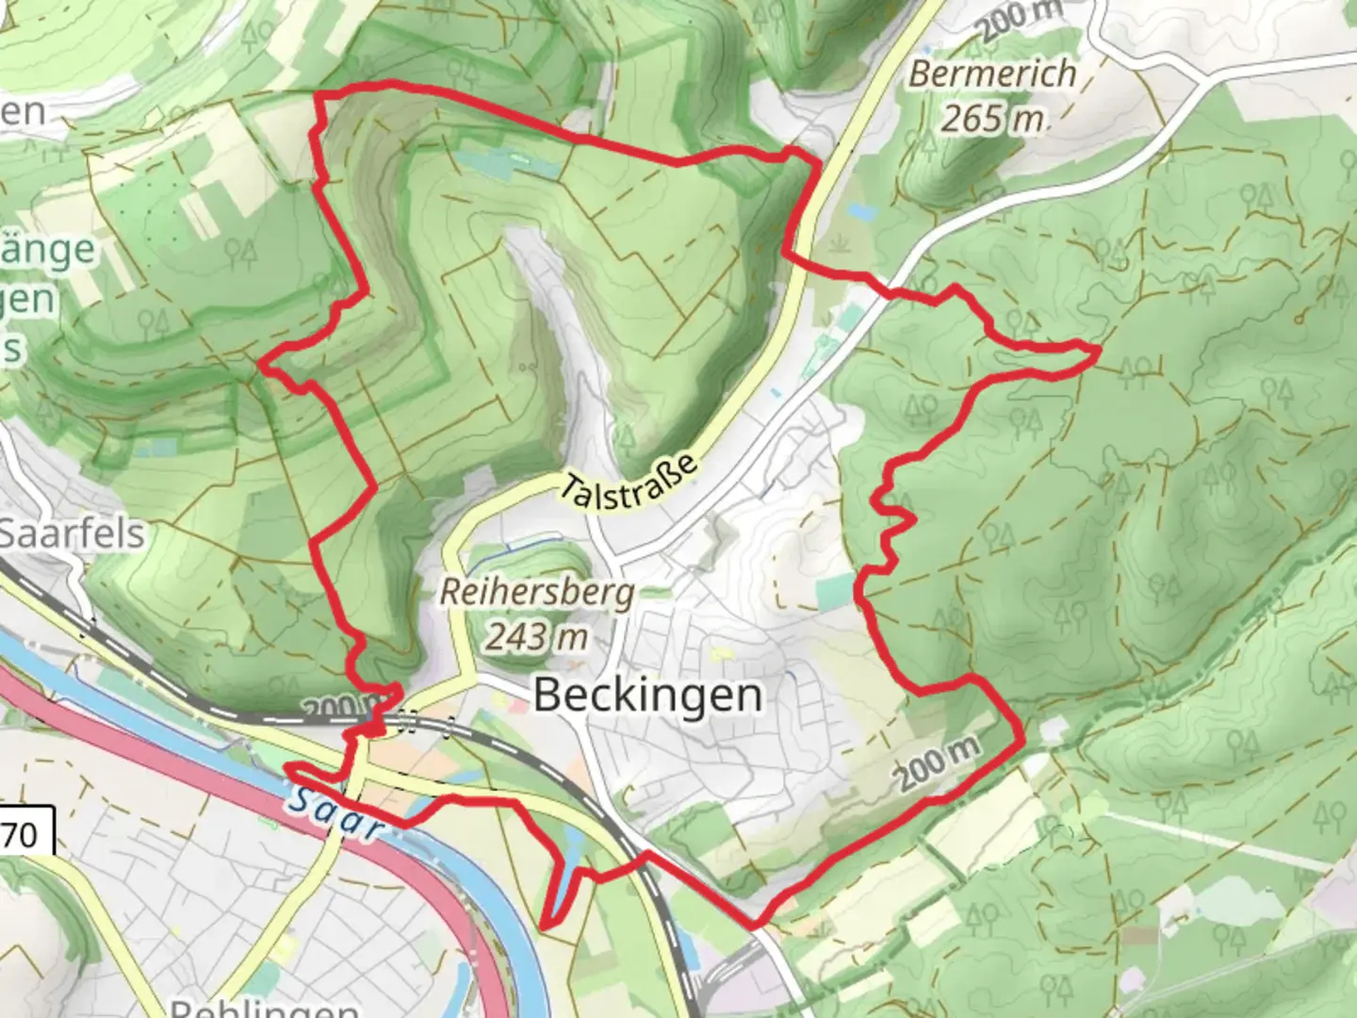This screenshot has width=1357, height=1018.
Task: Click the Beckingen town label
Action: point(647,697)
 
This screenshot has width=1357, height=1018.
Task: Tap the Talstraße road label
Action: point(631,484)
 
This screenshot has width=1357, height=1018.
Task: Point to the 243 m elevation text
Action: point(536,638)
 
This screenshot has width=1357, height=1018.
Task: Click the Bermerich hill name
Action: point(992,74)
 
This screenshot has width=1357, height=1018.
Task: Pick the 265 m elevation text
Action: point(992,120)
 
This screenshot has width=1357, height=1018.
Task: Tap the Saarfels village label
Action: point(72,534)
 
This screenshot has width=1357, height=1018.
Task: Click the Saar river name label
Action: point(336,813)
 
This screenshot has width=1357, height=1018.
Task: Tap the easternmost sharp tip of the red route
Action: point(1098,351)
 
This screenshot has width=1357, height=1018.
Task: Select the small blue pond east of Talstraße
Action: point(858,208)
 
